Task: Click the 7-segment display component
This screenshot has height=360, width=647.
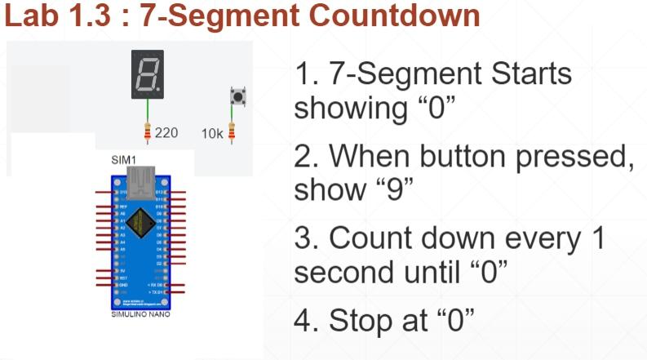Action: point(148,74)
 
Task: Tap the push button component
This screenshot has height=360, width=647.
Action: point(238,97)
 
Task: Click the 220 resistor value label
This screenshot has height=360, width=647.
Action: point(166,132)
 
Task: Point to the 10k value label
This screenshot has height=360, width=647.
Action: point(212,133)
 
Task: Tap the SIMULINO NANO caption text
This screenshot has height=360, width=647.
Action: point(140,313)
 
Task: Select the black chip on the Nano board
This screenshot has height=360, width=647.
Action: point(140,220)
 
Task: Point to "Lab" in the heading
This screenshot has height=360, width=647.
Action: point(30,17)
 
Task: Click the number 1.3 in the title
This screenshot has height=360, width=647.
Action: point(89,17)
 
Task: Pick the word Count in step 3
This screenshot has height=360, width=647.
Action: point(373,238)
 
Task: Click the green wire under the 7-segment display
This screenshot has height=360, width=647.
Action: point(148,111)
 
